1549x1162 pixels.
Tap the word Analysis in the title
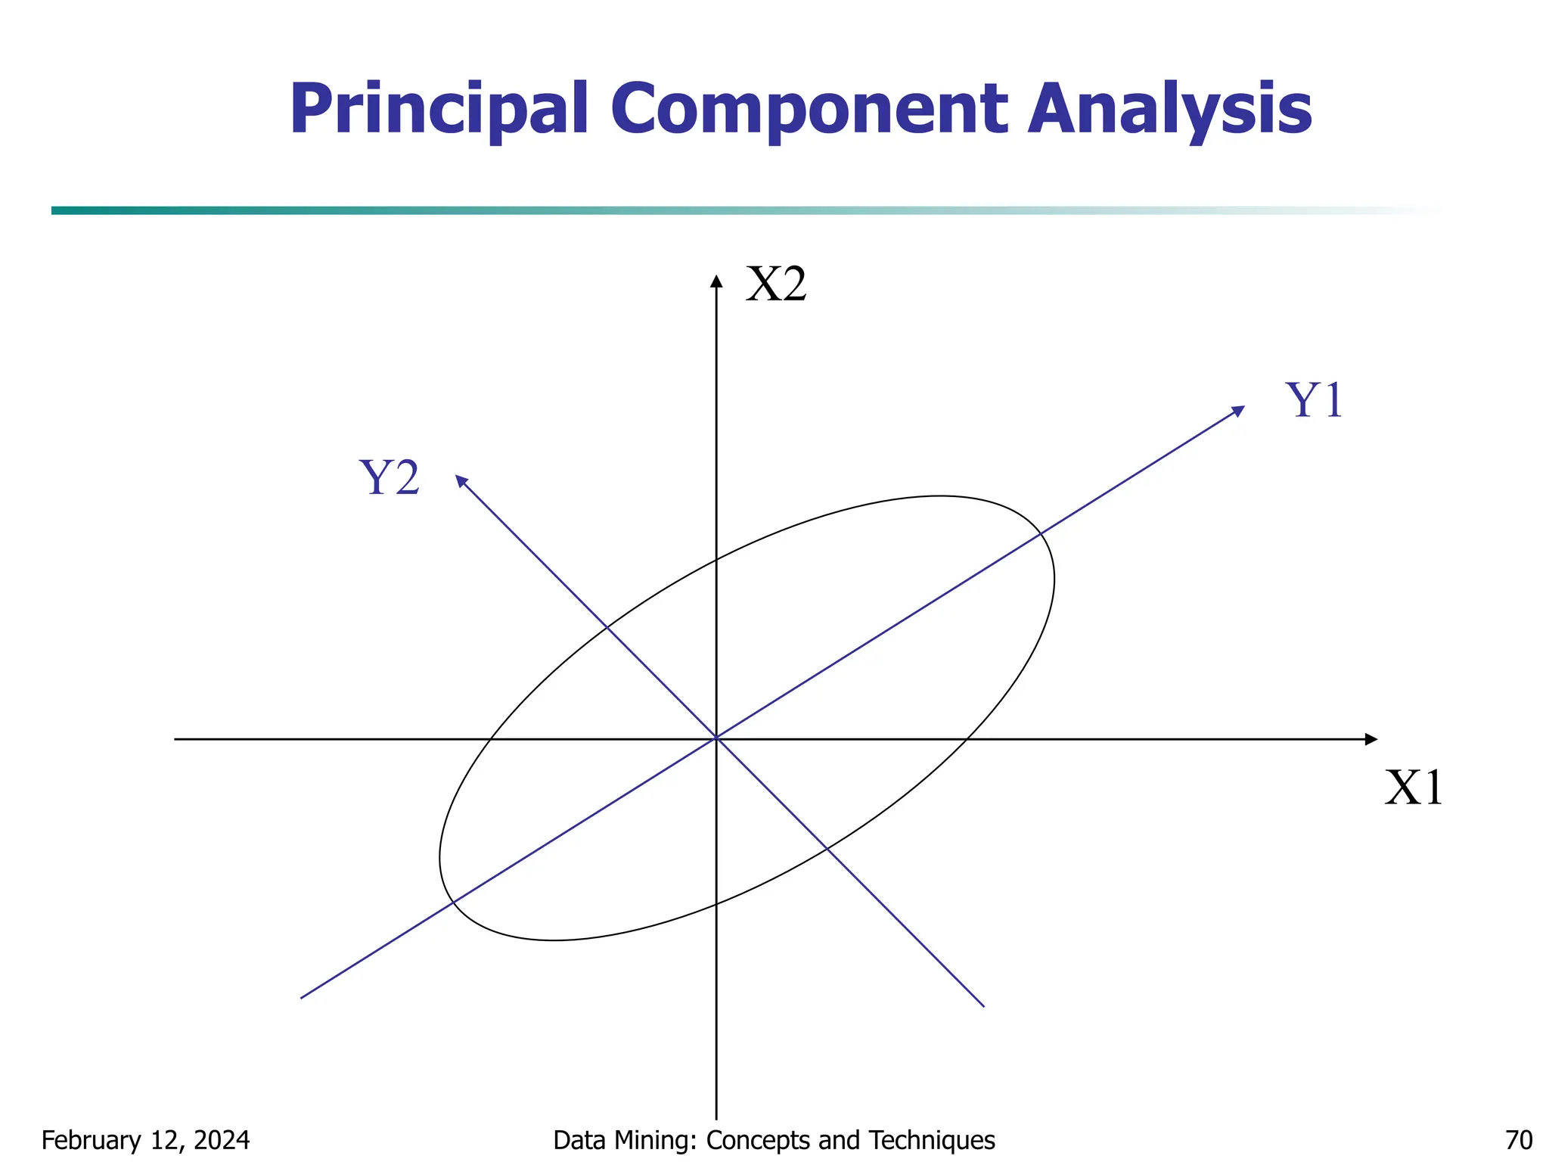(1169, 110)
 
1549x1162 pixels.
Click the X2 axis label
(776, 285)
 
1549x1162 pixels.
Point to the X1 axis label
(1414, 788)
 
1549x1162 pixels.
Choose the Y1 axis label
(1315, 400)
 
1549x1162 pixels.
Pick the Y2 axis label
(390, 478)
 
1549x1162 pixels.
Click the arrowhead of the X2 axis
(716, 281)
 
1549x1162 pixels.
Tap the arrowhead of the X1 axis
(1371, 739)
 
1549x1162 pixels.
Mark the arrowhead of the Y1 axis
(1238, 411)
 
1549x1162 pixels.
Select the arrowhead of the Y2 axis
(461, 480)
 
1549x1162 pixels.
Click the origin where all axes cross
(716, 738)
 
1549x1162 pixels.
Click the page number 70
(1519, 1140)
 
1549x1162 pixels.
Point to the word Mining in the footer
(663, 1140)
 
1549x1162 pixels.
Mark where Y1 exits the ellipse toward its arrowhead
(1041, 534)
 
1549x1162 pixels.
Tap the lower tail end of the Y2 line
(982, 1005)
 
